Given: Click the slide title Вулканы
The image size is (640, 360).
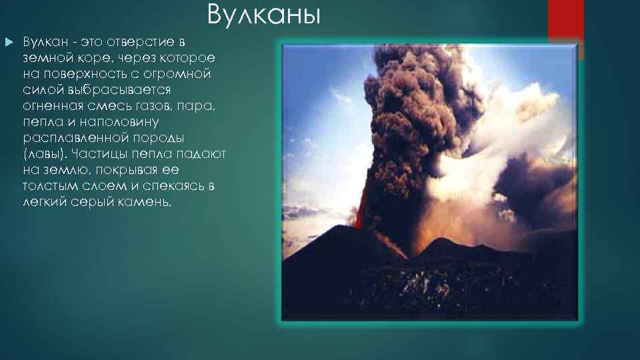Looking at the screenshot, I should pyautogui.click(x=263, y=14).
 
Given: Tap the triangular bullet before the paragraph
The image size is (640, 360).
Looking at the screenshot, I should pyautogui.click(x=9, y=42).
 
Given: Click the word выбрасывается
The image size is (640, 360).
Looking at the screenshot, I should pyautogui.click(x=97, y=90).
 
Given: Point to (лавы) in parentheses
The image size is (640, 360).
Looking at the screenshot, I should pyautogui.click(x=45, y=154).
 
